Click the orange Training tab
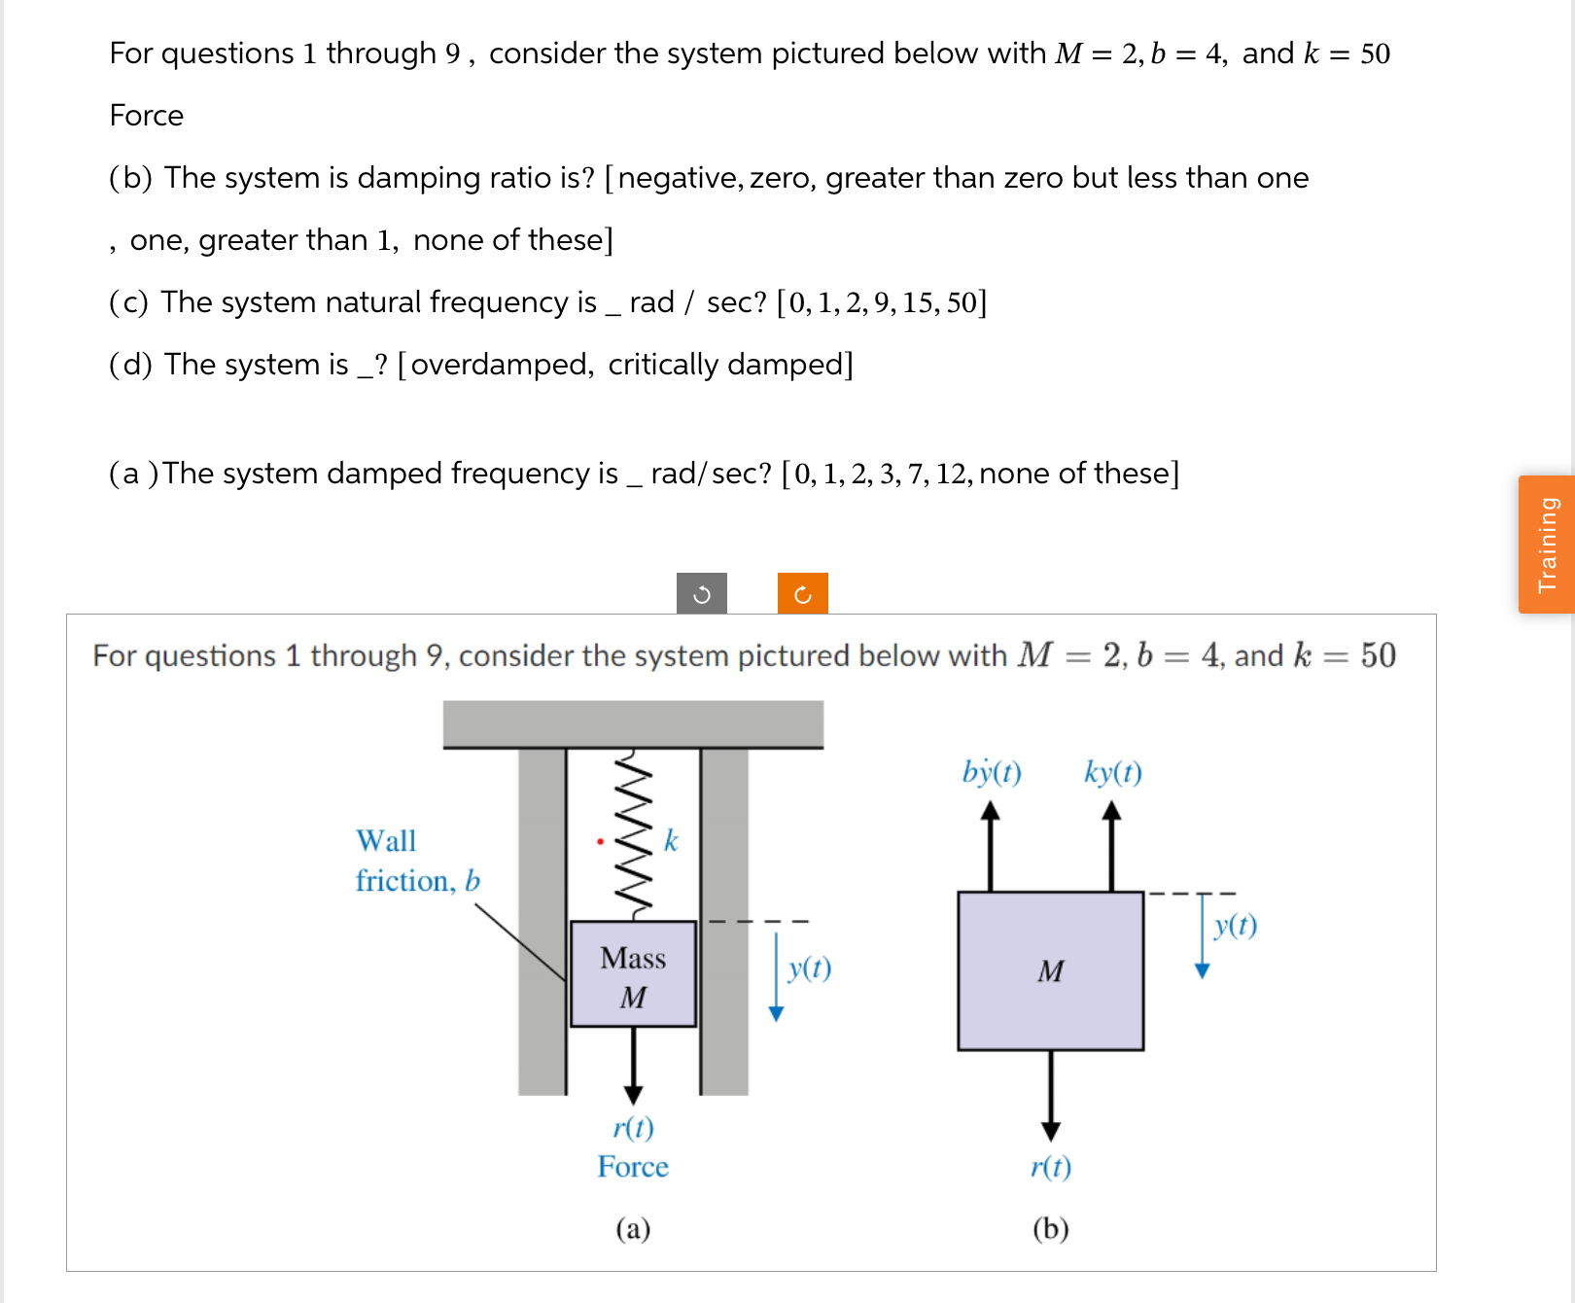coord(1547,545)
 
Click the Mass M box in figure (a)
coord(633,974)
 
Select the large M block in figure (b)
coord(1050,970)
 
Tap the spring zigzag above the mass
coord(633,834)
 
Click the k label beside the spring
coord(671,841)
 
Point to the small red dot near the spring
coord(600,841)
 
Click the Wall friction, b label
coord(417,861)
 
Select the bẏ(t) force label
coord(992,772)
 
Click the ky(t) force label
coord(1113,772)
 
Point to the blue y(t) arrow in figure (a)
coord(776,977)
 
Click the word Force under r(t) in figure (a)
coord(633,1167)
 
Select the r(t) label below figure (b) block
coord(1051,1166)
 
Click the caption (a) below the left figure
coord(633,1229)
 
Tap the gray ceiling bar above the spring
coord(633,723)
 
